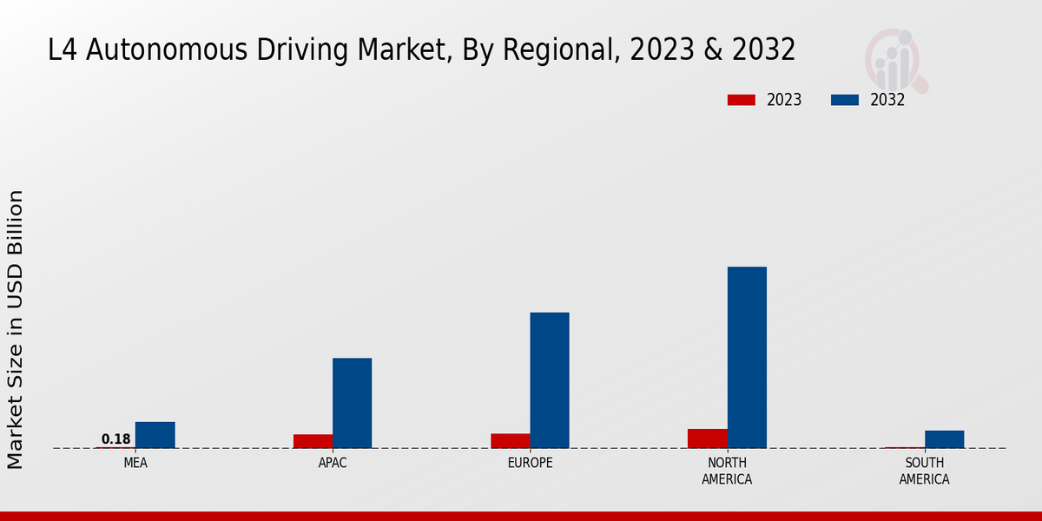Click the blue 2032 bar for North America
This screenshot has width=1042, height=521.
coord(747,357)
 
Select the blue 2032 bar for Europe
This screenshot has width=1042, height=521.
coord(550,380)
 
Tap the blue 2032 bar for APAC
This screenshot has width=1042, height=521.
coord(352,403)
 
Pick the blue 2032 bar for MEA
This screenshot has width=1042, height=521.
coord(155,435)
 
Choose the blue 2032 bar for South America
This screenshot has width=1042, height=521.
coord(944,439)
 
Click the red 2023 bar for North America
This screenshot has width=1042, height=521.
coord(707,439)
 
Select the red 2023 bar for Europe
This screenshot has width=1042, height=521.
coord(510,441)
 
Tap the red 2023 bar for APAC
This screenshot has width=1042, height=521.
coord(313,441)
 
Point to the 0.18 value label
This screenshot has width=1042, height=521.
coord(115,439)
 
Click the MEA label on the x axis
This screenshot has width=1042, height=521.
coord(135,463)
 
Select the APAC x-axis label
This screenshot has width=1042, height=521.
coord(333,463)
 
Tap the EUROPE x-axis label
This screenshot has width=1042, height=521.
coord(530,463)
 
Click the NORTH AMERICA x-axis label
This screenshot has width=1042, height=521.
coord(727,471)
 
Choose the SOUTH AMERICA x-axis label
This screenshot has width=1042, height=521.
coord(924,471)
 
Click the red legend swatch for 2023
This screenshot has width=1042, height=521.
coord(741,100)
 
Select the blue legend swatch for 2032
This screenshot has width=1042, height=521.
coord(844,100)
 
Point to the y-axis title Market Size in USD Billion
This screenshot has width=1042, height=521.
coord(16,330)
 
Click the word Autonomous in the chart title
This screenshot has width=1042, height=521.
coord(168,50)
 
